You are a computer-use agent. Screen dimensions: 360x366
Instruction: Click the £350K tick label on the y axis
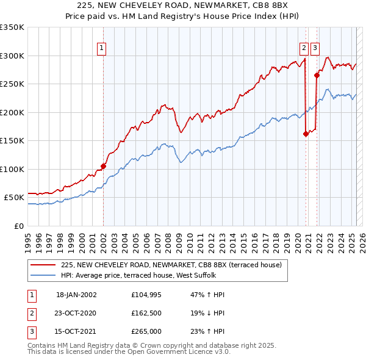point(12,27)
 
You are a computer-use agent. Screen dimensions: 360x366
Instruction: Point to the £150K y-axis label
point(12,140)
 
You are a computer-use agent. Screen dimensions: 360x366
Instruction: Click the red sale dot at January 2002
point(103,166)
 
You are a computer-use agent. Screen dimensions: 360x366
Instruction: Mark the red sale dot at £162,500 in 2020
point(306,134)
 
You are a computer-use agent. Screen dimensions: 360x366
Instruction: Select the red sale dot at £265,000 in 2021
point(317,76)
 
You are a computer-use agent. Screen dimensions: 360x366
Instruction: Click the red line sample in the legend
point(43,265)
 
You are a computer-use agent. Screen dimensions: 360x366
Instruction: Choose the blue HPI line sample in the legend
point(43,276)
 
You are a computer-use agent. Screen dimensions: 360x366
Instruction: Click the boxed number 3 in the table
point(31,332)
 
